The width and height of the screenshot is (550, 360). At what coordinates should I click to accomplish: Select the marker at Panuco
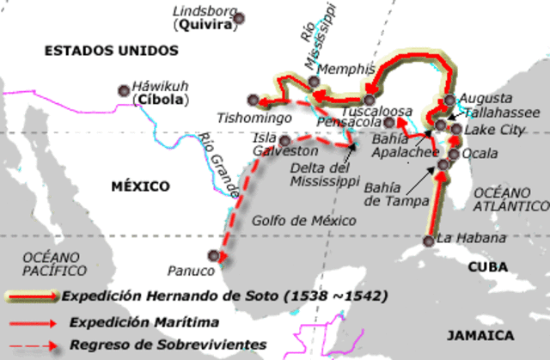tap(213, 254)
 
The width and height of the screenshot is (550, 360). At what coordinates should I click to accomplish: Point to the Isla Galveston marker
tap(285, 141)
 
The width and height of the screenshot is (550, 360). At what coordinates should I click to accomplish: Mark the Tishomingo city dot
tap(252, 99)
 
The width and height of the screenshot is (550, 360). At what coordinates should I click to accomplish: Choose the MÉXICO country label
tap(140, 186)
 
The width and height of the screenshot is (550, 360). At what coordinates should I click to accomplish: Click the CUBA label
tap(487, 267)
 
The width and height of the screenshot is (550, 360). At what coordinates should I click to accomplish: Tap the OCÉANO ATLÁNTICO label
tap(510, 198)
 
